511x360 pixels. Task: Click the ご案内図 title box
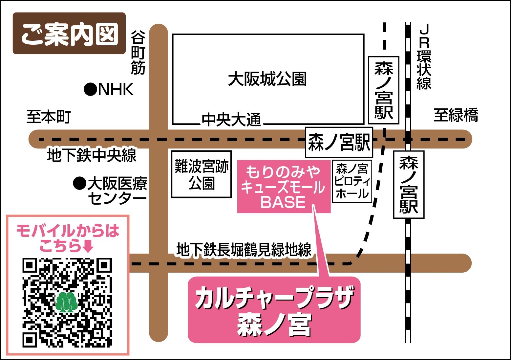(x=69, y=34)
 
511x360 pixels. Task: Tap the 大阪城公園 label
(x=267, y=79)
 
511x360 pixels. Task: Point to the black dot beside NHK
(x=90, y=89)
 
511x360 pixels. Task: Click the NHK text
(x=116, y=89)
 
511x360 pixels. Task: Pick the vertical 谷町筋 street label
(x=138, y=53)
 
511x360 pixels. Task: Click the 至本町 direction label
(x=49, y=117)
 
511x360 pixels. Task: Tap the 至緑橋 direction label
(x=456, y=115)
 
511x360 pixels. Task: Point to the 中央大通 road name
(x=231, y=120)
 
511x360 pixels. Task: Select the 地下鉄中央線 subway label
(x=92, y=155)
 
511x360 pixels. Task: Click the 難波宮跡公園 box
(x=202, y=174)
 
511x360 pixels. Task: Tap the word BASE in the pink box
(x=283, y=202)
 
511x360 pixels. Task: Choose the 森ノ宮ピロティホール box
(x=352, y=181)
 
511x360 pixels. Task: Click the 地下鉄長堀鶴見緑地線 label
(x=244, y=250)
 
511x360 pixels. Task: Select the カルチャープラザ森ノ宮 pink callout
(x=274, y=310)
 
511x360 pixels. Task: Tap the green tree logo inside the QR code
(x=67, y=302)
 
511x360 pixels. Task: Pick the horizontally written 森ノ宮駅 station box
(x=339, y=143)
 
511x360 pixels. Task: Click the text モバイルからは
(x=68, y=231)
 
